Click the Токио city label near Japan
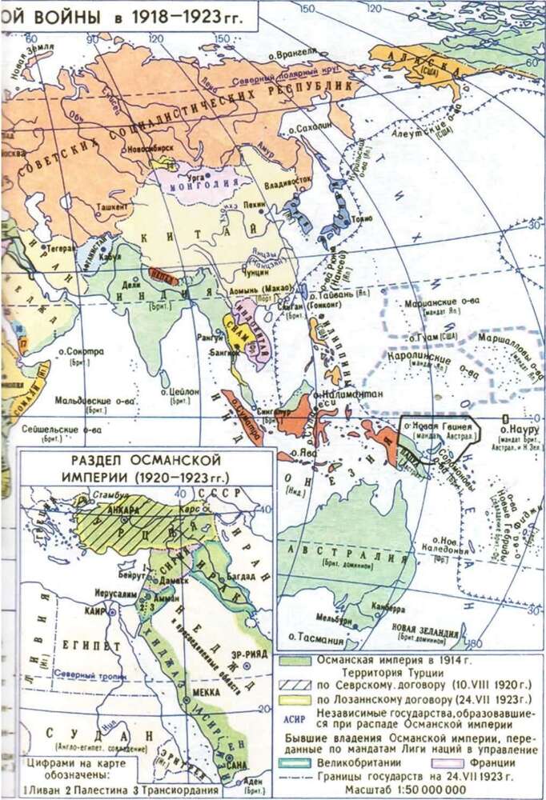pyautogui.click(x=362, y=219)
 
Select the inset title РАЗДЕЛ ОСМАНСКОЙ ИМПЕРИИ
pyautogui.click(x=147, y=468)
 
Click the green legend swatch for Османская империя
pyautogui.click(x=296, y=661)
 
